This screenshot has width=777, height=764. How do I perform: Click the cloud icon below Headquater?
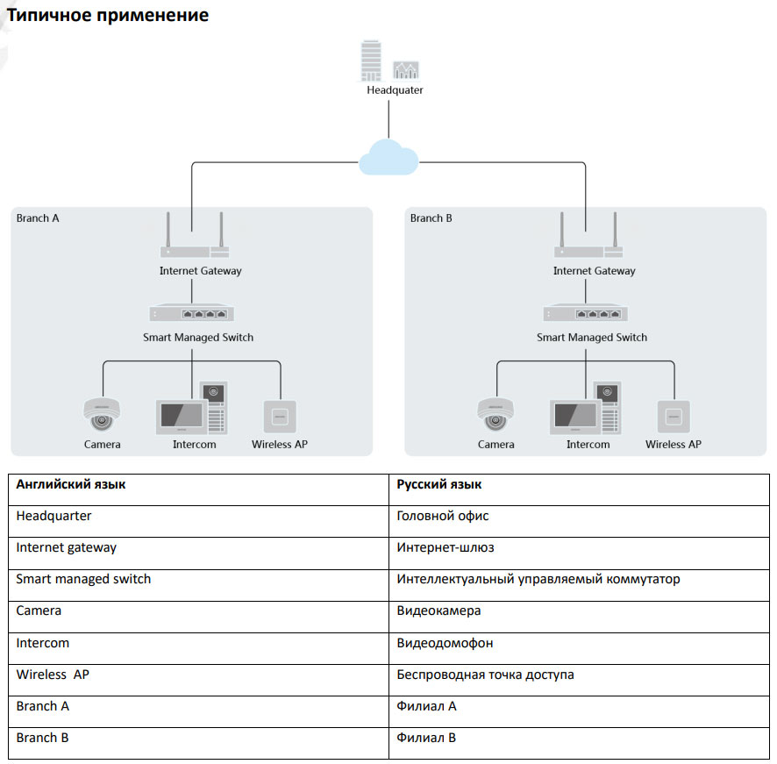(388, 158)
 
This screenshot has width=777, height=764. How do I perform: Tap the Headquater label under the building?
(395, 89)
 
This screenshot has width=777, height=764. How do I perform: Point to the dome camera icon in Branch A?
(102, 413)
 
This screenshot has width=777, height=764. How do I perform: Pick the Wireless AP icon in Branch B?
(673, 415)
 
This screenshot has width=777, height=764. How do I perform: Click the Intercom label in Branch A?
(194, 445)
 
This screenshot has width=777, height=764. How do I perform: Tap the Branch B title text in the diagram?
(431, 218)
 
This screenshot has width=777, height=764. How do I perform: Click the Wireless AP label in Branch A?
(279, 445)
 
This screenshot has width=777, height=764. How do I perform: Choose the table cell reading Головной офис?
(443, 517)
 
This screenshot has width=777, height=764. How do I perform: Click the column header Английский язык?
(70, 485)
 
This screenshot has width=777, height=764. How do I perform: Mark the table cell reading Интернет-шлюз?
(446, 548)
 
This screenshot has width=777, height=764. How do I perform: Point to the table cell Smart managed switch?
(83, 580)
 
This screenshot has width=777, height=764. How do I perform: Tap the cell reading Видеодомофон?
(445, 643)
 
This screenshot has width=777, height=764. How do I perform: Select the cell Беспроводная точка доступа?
(485, 675)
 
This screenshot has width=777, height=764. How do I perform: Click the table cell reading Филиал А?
(426, 706)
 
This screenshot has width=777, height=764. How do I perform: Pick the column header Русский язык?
(438, 485)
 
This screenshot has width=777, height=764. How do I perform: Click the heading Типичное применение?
(108, 16)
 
